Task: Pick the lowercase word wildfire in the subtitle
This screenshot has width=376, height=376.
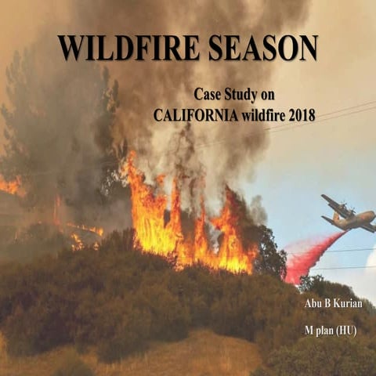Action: (x=264, y=114)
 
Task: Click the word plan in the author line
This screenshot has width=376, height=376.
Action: (x=321, y=331)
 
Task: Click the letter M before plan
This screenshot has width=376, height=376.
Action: (x=306, y=331)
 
